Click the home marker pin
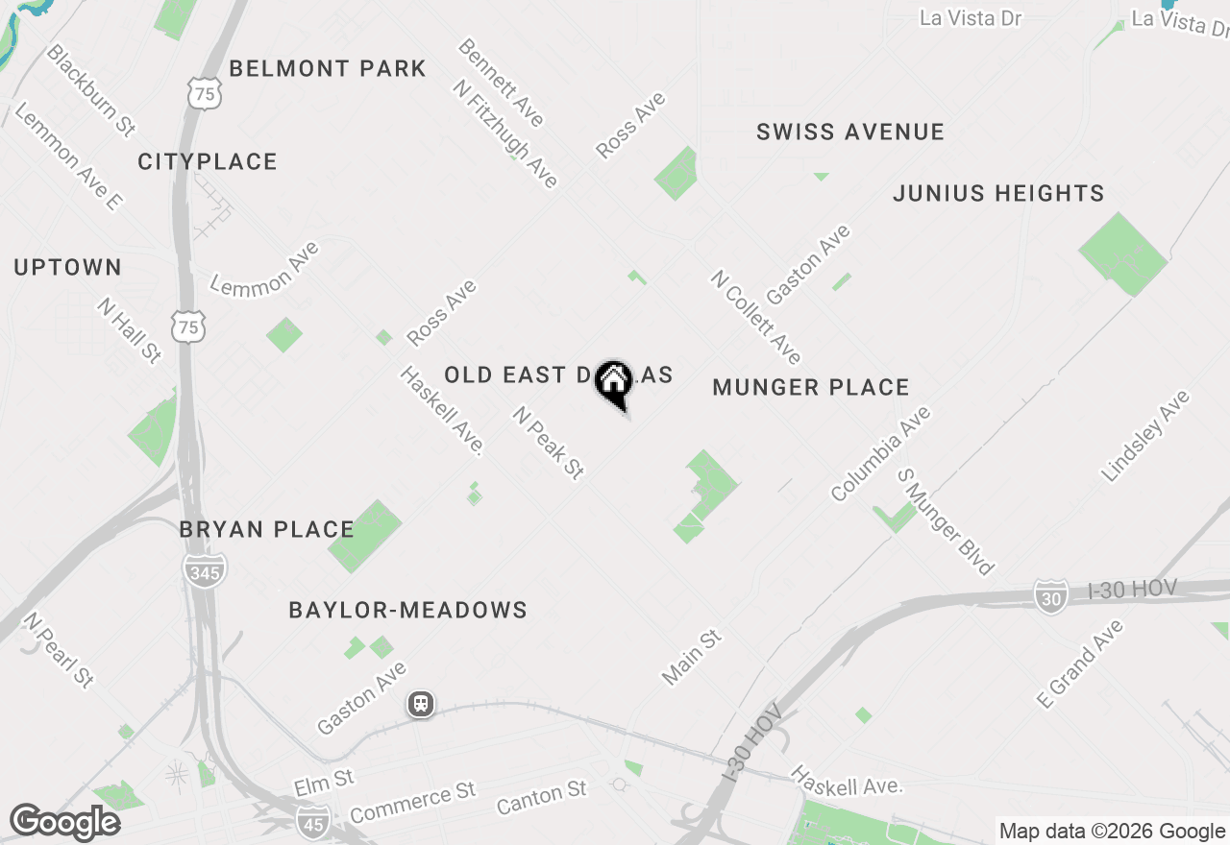[x=613, y=383]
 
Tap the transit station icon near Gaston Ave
[x=421, y=705]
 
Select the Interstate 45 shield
[x=312, y=821]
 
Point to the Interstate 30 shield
[x=1051, y=596]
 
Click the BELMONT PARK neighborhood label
[x=328, y=69]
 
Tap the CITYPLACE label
[x=208, y=162]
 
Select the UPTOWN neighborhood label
[x=68, y=268]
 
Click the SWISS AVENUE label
[x=850, y=133]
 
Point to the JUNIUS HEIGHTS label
[x=998, y=194]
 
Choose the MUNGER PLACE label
[x=811, y=388]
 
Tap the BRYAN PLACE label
[x=267, y=530]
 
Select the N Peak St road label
[x=549, y=443]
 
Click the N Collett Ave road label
[x=756, y=317]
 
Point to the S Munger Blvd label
[x=946, y=521]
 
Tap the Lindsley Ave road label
[x=1145, y=436]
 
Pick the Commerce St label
[x=413, y=804]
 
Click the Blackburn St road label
[x=91, y=89]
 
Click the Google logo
[x=64, y=822]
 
